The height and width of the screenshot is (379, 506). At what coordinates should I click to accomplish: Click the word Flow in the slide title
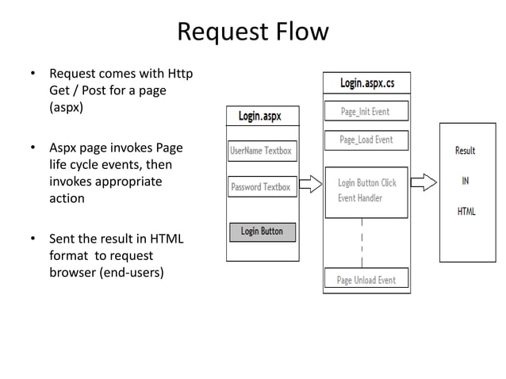point(302,32)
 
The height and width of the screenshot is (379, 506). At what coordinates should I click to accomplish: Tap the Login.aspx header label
point(260,116)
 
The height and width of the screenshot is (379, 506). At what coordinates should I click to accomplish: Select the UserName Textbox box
point(263,151)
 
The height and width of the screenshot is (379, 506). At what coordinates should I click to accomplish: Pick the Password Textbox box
point(263,186)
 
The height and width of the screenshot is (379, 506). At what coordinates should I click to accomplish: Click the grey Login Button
point(263,232)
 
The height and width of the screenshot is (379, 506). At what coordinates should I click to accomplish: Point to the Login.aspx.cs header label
point(367,83)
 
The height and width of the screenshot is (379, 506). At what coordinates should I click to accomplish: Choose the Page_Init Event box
point(366,111)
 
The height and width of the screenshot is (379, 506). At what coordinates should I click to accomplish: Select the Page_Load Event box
point(366,140)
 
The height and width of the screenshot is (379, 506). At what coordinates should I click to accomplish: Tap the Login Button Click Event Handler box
point(366,193)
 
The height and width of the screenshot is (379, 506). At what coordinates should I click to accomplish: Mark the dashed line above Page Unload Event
point(362,243)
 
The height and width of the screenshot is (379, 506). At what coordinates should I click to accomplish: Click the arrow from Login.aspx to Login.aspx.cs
point(311,184)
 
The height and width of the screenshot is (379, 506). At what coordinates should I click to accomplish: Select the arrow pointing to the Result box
point(424,182)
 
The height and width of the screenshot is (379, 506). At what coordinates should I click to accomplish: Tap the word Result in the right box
point(465,151)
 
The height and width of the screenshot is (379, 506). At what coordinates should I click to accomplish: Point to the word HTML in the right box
point(466,211)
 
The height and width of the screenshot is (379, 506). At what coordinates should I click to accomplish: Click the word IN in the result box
point(465,181)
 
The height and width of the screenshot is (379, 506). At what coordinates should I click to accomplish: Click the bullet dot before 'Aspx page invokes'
point(33,147)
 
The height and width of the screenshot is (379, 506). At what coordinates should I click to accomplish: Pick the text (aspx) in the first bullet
point(66,107)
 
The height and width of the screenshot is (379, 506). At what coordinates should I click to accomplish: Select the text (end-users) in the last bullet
point(132,273)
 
